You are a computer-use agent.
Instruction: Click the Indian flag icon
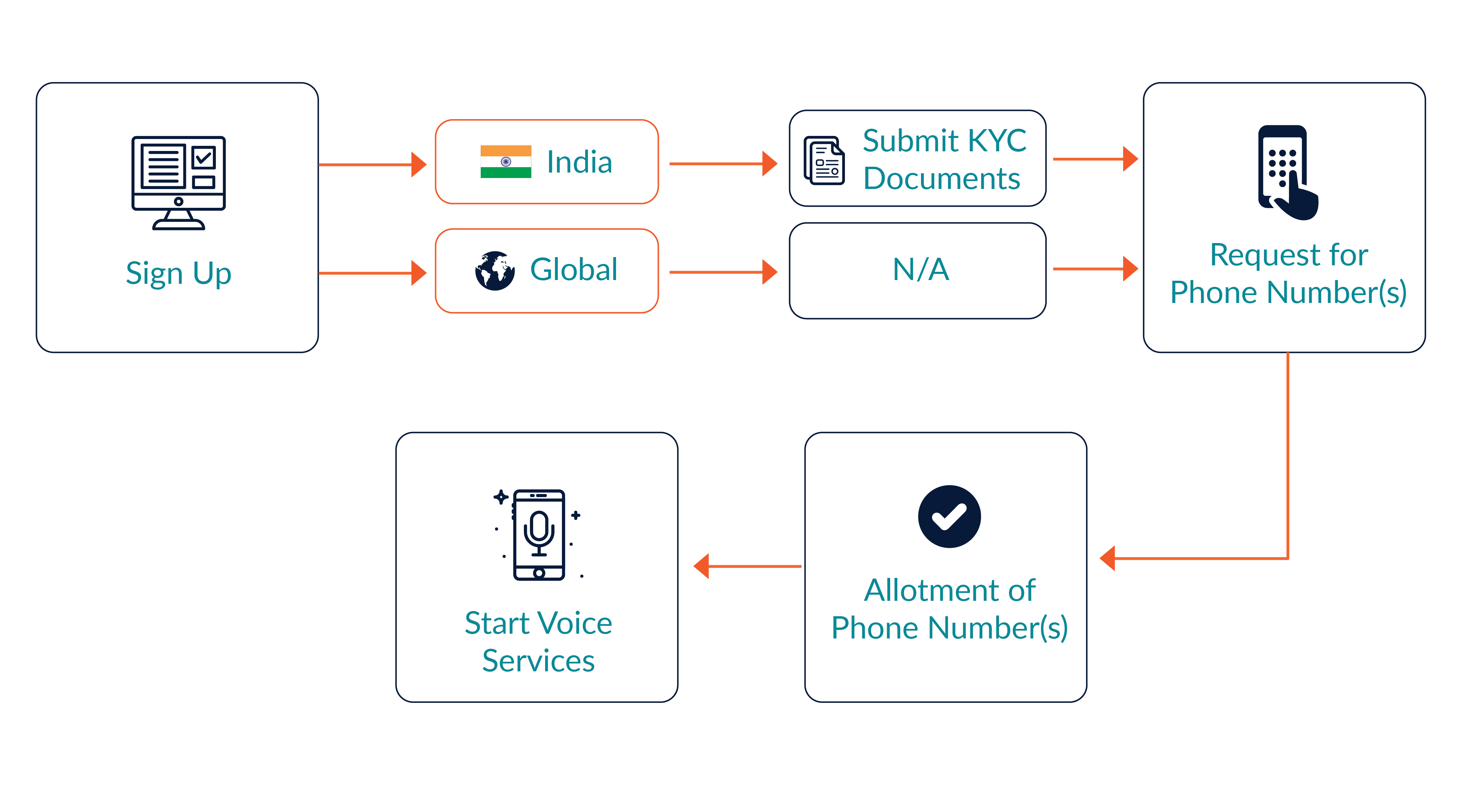[506, 162]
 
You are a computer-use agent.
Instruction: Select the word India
[579, 162]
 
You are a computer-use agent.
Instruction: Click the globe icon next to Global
[495, 270]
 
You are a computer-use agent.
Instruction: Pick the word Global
[574, 269]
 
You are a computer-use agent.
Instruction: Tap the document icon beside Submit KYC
[824, 160]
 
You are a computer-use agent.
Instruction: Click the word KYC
[997, 141]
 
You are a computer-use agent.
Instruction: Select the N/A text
[921, 269]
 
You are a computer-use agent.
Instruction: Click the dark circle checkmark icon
[949, 516]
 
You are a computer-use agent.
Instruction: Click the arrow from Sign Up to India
[372, 164]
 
